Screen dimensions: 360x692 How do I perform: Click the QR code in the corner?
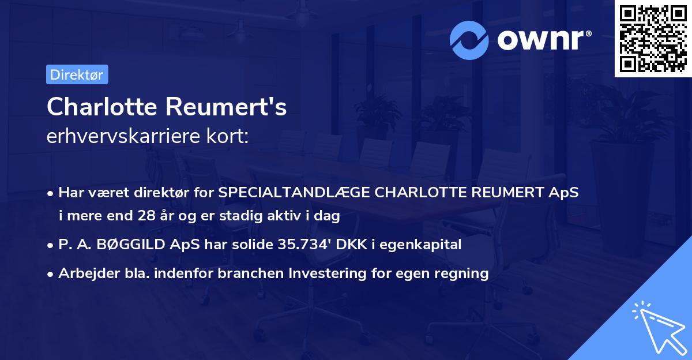tap(653, 38)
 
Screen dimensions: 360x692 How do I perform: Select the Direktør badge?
tap(77, 74)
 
